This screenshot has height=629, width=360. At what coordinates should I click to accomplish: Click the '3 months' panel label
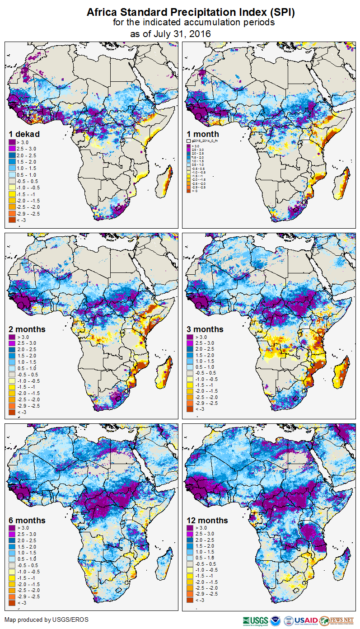(205, 329)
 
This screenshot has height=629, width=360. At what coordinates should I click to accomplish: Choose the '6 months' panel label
(27, 521)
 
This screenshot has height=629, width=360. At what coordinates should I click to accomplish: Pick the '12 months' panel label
(207, 521)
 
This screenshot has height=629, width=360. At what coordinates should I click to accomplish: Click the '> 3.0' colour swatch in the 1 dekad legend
(12, 142)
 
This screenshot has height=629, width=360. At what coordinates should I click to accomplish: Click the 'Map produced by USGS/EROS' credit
(47, 620)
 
